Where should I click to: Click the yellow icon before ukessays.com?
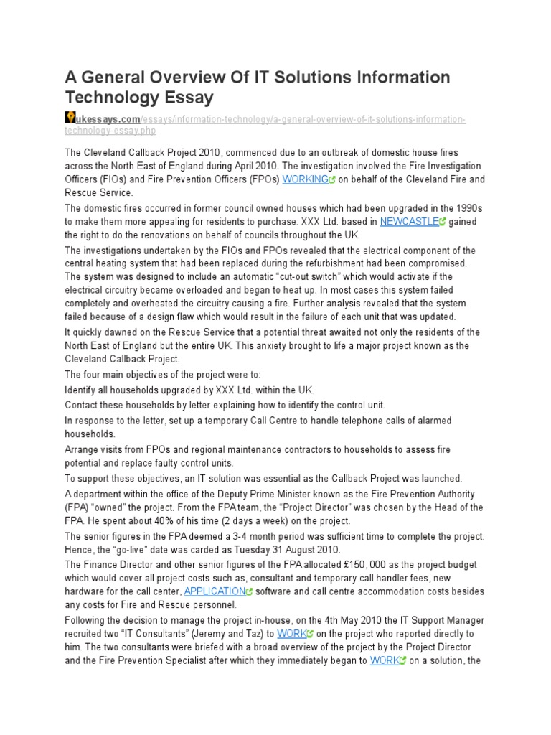[x=70, y=117]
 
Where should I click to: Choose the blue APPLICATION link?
[x=215, y=591]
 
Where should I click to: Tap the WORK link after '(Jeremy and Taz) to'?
[x=291, y=634]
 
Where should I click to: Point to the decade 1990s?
[x=459, y=208]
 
